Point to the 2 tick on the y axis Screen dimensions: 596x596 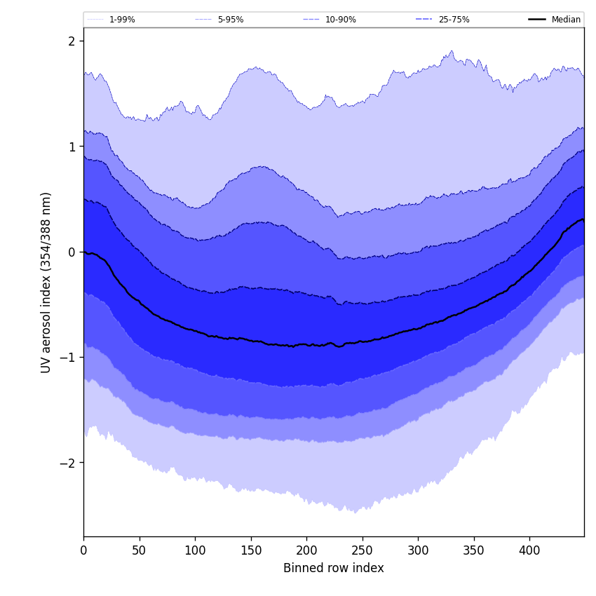[72, 41]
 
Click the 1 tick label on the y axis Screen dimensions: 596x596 [72, 147]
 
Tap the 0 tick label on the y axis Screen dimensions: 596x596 [72, 252]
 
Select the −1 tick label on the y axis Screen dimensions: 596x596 [67, 358]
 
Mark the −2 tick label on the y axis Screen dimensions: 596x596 [67, 463]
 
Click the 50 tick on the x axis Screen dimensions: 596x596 [139, 550]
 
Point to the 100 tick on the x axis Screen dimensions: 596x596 [195, 550]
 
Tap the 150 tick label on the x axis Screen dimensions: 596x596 [250, 550]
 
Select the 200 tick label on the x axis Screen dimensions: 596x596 [306, 550]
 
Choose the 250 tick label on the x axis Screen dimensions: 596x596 [362, 550]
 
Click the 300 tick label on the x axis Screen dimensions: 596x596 [418, 550]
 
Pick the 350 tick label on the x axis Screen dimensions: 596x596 [473, 550]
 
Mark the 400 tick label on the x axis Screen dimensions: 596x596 [529, 550]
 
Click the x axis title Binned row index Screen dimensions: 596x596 [334, 568]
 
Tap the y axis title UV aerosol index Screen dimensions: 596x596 [46, 282]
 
